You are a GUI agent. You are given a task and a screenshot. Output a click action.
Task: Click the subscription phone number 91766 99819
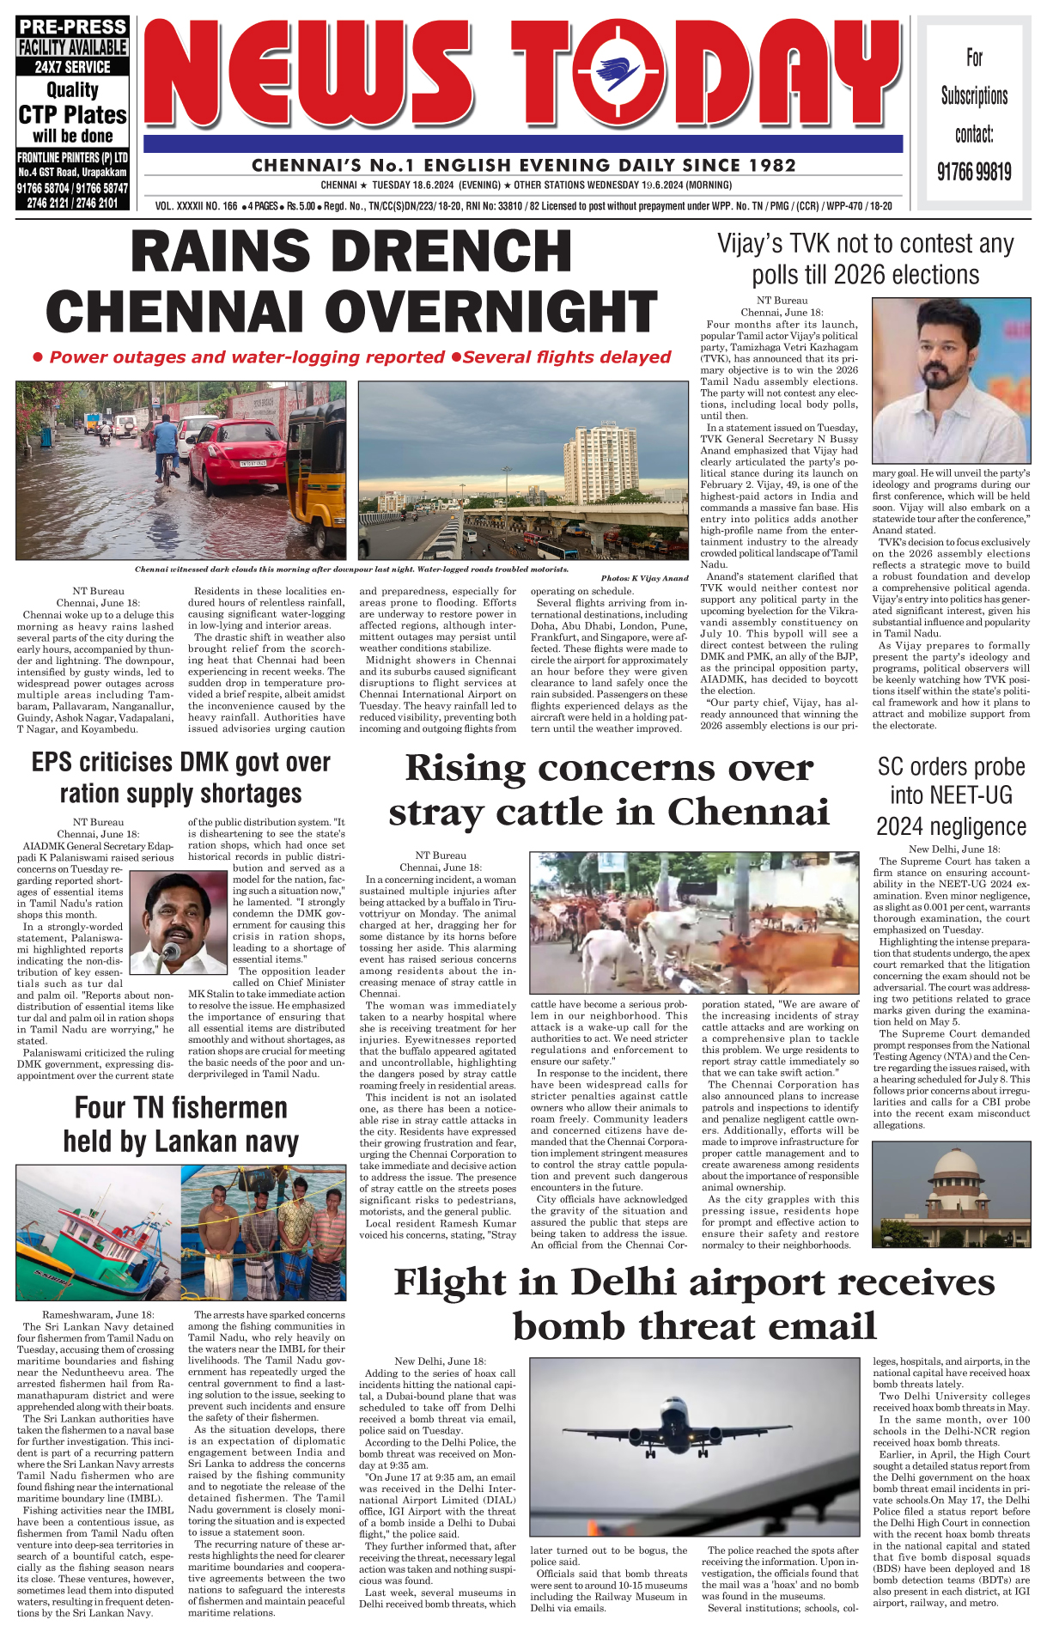[973, 172]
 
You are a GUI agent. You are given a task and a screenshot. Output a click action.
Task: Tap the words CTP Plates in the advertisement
[73, 115]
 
